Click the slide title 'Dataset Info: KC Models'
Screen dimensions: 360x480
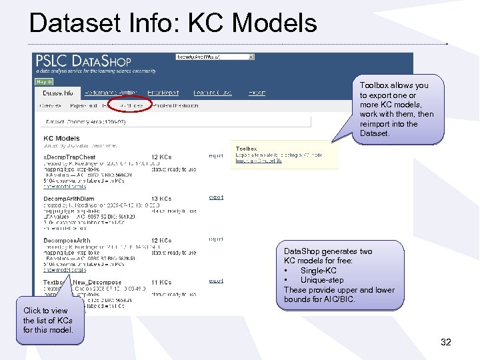[173, 23]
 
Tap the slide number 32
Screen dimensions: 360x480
[445, 342]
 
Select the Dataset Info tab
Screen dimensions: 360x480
[58, 93]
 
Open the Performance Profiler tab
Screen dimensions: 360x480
[111, 93]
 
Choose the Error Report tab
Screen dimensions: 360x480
[163, 93]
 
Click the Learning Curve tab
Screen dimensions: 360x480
[213, 93]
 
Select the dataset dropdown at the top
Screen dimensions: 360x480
[215, 57]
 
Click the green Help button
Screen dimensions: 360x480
[43, 81]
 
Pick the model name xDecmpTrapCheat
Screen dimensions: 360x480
[69, 157]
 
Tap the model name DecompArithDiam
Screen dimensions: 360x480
[69, 199]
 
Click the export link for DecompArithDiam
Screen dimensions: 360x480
[216, 197]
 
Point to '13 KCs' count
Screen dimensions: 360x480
[161, 199]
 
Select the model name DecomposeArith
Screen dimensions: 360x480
[67, 240]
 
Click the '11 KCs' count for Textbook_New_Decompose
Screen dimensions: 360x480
[161, 283]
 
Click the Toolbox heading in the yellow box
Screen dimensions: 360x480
[246, 149]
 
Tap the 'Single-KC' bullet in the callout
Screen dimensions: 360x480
[318, 271]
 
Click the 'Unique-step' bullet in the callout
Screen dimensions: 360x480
[322, 280]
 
